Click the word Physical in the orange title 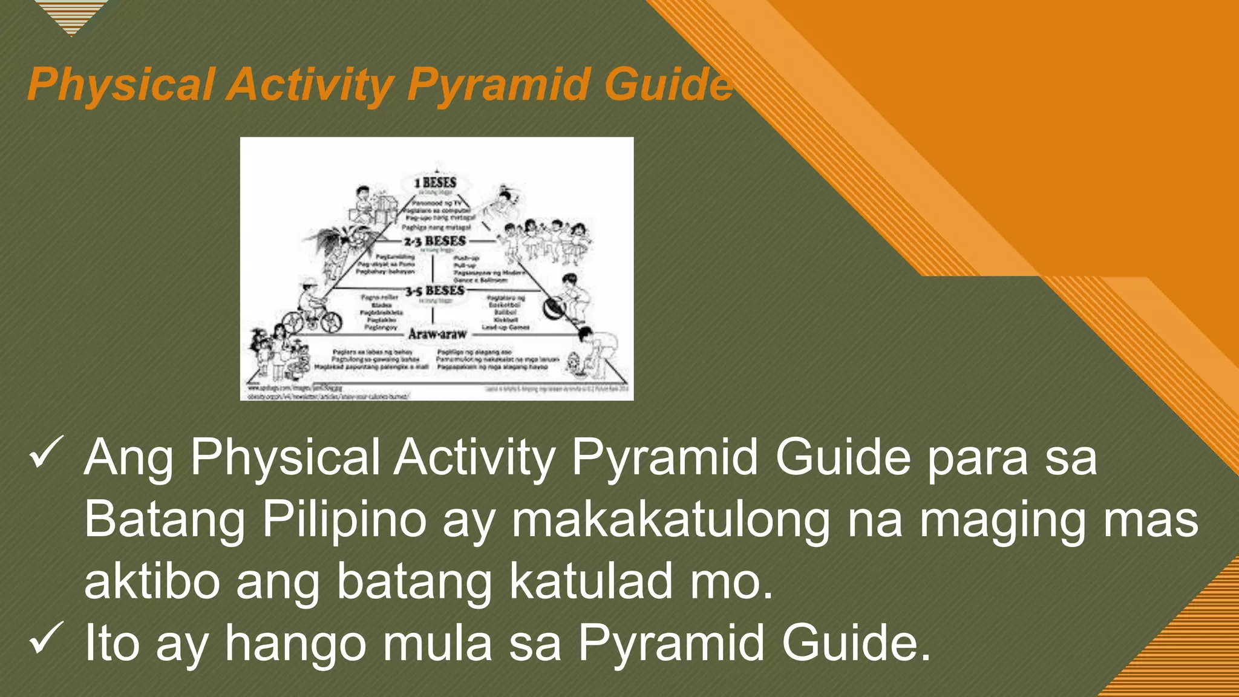121,85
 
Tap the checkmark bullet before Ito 46,638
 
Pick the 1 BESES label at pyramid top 436,182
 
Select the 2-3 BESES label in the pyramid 436,241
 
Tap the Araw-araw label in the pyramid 437,334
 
